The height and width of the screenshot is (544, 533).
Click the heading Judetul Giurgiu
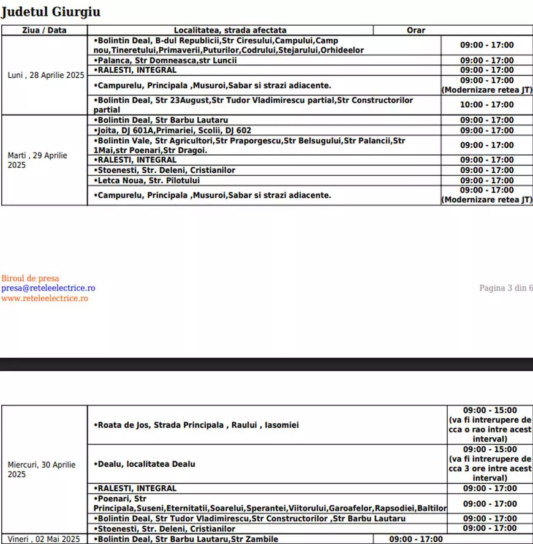pos(51,12)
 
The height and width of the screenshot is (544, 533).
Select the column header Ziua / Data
pos(44,30)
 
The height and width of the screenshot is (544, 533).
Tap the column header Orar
pos(416,30)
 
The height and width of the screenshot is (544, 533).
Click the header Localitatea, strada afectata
pos(230,30)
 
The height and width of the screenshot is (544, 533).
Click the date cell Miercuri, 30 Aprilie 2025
pos(42,469)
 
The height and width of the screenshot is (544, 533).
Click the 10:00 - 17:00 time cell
pos(487,105)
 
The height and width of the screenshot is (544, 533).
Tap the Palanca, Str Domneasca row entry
pos(165,60)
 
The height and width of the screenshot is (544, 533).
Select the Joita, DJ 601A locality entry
pos(173,130)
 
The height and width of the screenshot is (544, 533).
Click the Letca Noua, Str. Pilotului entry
pos(147,181)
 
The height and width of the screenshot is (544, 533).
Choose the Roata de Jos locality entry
pos(196,425)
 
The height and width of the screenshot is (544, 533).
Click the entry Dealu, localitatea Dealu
pos(145,464)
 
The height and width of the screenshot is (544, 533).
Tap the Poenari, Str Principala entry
pos(270,504)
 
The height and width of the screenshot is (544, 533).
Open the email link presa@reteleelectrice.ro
pos(48,288)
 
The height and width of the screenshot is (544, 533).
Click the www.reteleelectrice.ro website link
pos(45,298)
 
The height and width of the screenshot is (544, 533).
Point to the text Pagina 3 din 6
pos(506,288)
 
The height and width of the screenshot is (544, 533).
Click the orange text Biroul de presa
pos(30,278)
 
